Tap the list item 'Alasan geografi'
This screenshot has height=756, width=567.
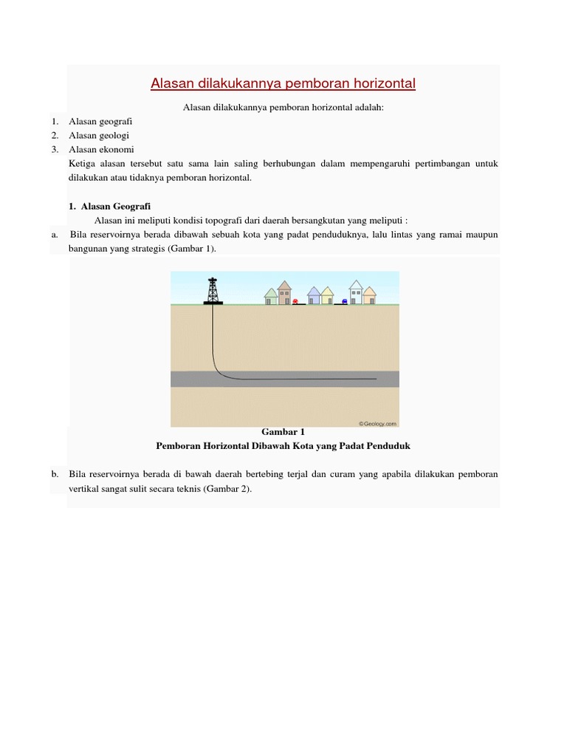point(100,121)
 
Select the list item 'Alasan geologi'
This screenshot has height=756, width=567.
point(99,135)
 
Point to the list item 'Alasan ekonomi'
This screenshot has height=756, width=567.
point(101,149)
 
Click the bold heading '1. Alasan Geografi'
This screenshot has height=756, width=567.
point(109,206)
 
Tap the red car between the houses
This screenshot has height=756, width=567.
point(296,301)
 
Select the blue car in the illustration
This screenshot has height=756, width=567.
point(344,301)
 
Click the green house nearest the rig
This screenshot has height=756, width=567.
point(271,296)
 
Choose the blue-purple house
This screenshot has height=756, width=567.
point(314,295)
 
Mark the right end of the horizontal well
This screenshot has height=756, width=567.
point(375,379)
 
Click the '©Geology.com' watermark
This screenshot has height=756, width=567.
point(377,423)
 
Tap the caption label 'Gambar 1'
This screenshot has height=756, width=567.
point(283,432)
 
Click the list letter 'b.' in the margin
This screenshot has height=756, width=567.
point(55,474)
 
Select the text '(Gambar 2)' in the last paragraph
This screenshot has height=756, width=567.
point(227,488)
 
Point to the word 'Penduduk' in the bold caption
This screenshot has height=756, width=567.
point(391,446)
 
